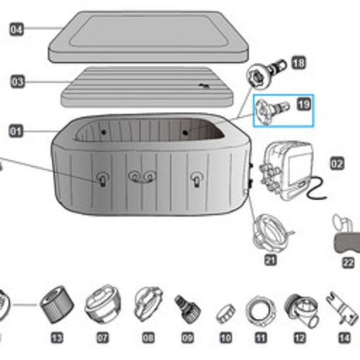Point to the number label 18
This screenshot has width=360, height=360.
coord(298,63)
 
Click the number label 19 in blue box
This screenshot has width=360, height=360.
coord(303,104)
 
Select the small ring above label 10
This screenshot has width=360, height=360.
coord(226,309)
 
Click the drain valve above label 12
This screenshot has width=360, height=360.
coord(299,307)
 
